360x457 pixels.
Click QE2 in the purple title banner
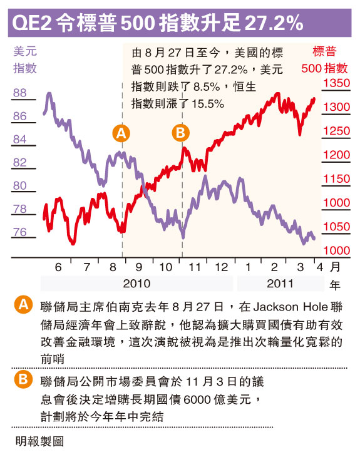[32, 23]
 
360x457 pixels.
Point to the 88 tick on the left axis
[20, 93]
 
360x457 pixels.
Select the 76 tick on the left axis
[20, 232]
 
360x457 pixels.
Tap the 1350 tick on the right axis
[337, 83]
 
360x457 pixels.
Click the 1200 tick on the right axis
[337, 155]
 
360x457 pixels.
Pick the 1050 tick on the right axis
[337, 227]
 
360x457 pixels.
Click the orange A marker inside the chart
[121, 133]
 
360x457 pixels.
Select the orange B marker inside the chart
[181, 133]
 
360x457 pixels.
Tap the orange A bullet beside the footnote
[23, 305]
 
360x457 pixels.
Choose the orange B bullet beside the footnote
[23, 379]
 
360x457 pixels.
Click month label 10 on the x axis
[165, 267]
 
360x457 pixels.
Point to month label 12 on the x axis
[222, 267]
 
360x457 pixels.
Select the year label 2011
[280, 284]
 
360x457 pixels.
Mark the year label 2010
[136, 284]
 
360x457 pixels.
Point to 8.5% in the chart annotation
[207, 87]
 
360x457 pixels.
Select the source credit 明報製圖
[39, 441]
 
